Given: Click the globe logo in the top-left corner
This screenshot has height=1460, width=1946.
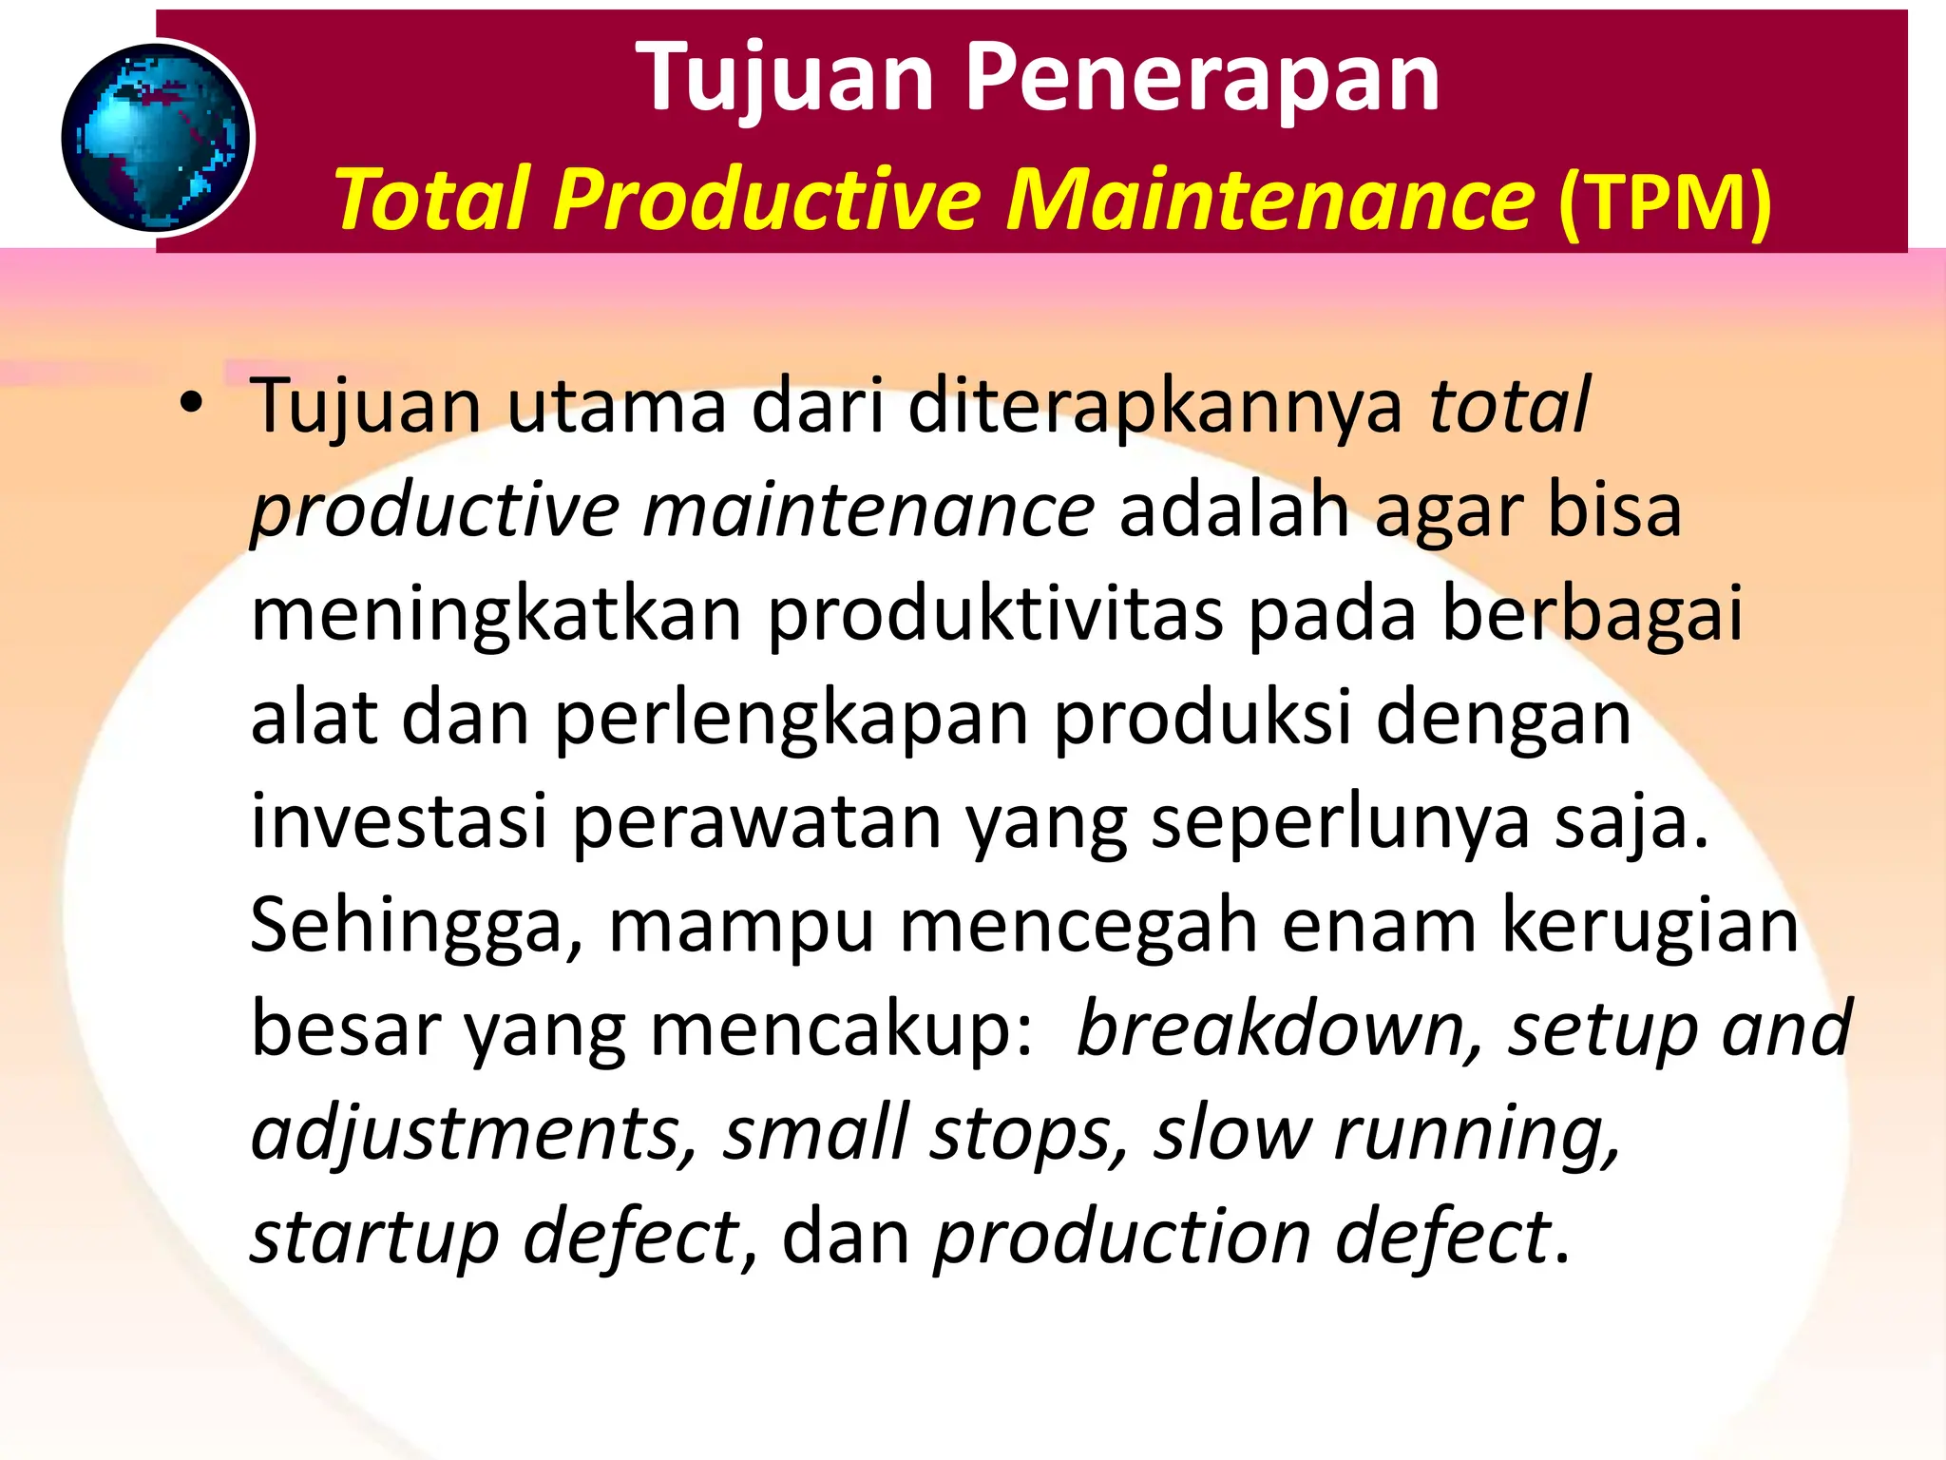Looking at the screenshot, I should point(157,138).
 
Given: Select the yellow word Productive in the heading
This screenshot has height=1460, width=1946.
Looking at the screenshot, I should point(766,199).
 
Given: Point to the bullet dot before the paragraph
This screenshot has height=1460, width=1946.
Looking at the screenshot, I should point(191,404).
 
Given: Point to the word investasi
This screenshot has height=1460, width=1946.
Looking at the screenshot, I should point(399,821).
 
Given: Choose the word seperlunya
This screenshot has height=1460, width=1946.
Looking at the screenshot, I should point(1341,823).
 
